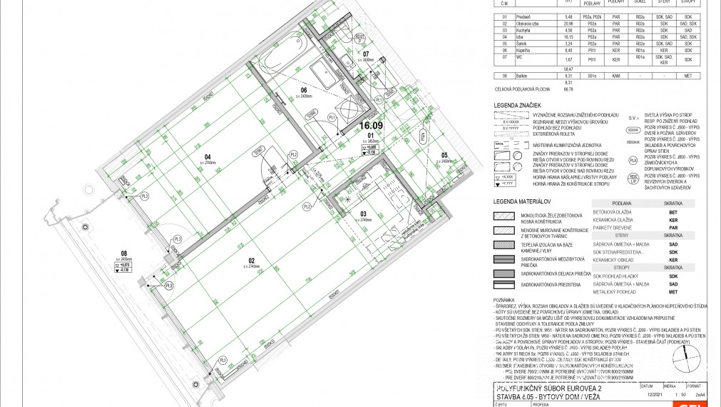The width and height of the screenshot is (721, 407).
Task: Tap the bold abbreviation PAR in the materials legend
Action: pos(672,228)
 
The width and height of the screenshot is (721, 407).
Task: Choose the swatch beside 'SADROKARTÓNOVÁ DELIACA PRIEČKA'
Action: pos(511,273)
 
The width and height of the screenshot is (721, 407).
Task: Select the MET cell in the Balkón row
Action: pos(687,75)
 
